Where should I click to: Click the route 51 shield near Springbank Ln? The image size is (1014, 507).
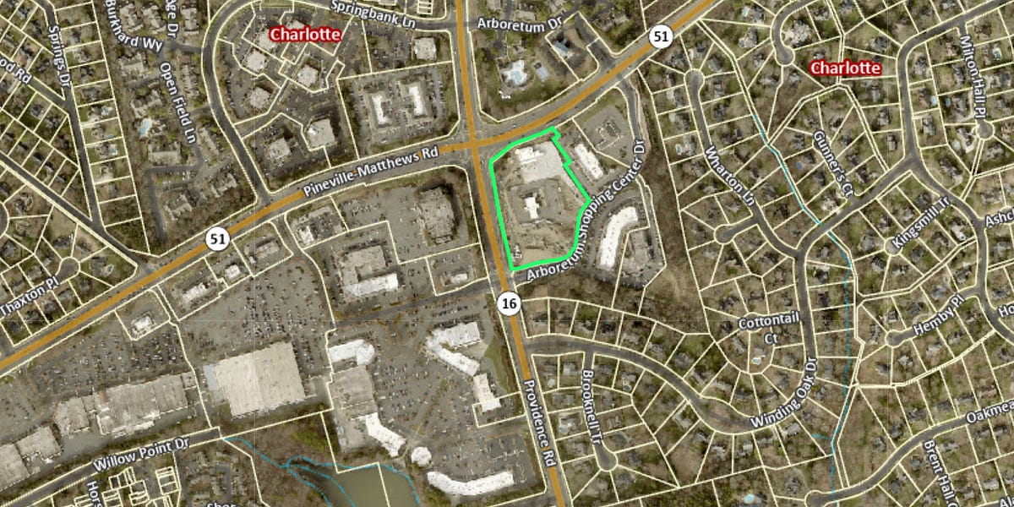tap(661, 35)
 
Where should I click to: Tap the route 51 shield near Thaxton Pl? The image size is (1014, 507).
tap(218, 239)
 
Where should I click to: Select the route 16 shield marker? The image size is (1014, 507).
tap(508, 303)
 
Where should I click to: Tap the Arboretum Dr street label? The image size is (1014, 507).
tap(520, 24)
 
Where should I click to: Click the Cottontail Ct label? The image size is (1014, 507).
tap(757, 330)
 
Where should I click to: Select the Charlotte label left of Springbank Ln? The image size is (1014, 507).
tap(305, 35)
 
